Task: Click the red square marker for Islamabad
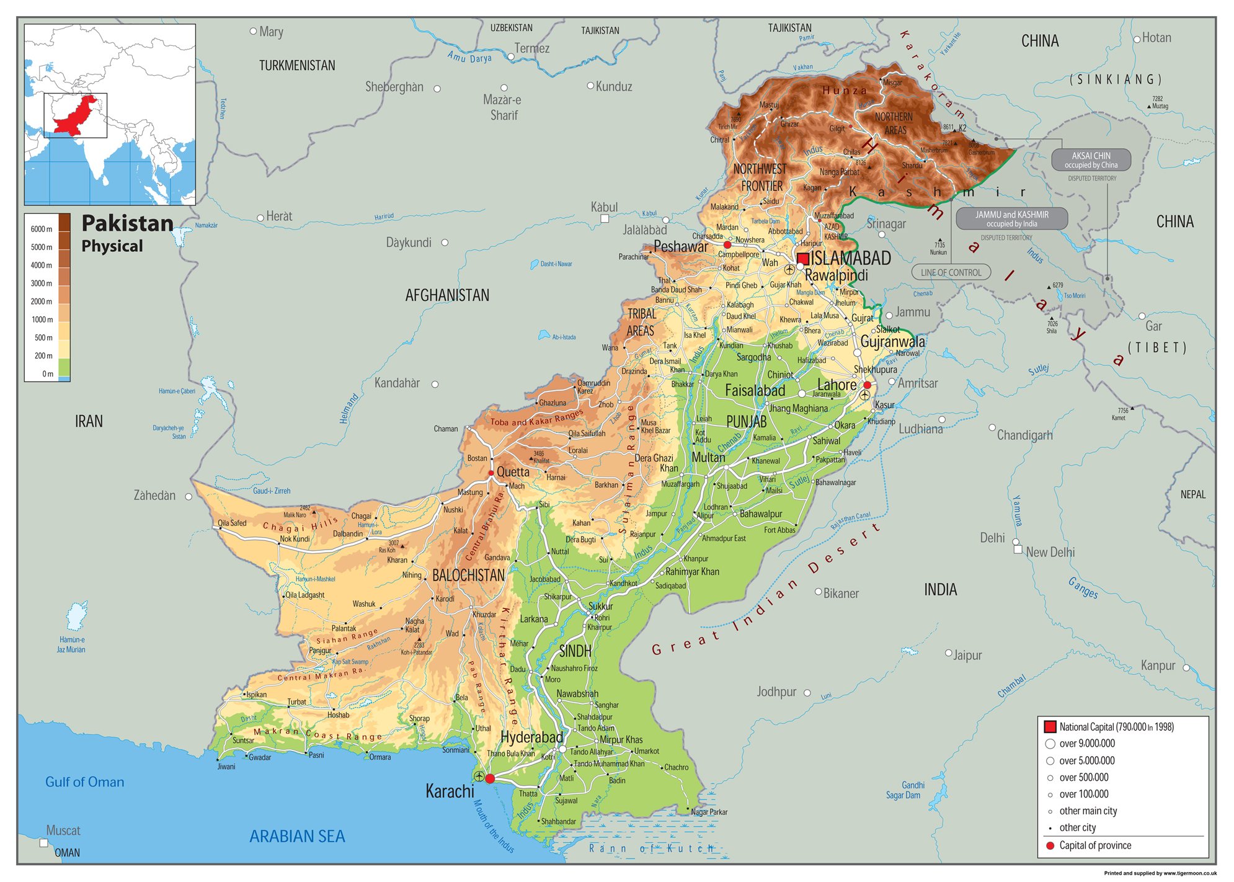tap(803, 259)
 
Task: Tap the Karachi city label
tap(450, 791)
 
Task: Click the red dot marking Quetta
tap(490, 473)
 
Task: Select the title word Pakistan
tap(127, 223)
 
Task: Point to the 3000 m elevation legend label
tap(42, 283)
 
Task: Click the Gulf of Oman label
tap(84, 782)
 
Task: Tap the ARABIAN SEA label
tap(297, 837)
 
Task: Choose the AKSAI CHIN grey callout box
tap(1091, 160)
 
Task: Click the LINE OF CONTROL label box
tap(951, 272)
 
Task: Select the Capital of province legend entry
tap(1094, 845)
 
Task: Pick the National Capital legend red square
tap(1050, 727)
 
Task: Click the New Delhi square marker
tap(1018, 550)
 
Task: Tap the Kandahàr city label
tap(397, 383)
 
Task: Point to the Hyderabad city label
tap(531, 737)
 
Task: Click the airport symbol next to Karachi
tap(479, 777)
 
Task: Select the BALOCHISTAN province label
tap(468, 576)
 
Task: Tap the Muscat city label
tap(63, 831)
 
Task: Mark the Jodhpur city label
tap(776, 692)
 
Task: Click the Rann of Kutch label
tap(651, 849)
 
